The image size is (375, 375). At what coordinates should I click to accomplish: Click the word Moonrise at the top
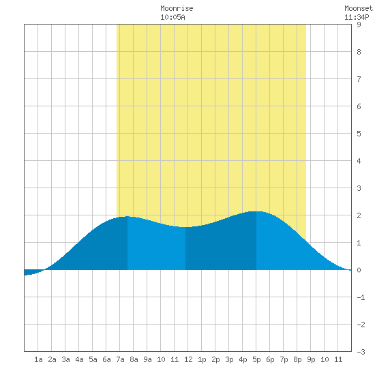[x=177, y=8]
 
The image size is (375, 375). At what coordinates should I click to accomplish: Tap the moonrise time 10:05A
[x=172, y=17]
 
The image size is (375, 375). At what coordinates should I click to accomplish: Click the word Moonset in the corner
[x=359, y=8]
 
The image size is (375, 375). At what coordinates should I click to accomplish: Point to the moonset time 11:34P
[x=357, y=17]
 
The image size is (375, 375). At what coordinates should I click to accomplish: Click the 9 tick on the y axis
[x=359, y=25]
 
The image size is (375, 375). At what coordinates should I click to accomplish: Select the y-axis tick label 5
[x=359, y=134]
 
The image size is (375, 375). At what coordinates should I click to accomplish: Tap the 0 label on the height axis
[x=359, y=270]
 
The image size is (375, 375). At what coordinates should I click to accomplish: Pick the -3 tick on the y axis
[x=361, y=352]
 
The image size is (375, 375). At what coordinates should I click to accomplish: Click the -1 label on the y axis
[x=361, y=297]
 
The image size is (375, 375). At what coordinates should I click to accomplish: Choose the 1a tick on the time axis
[x=38, y=359]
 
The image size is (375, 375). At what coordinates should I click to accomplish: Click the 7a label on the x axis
[x=120, y=359]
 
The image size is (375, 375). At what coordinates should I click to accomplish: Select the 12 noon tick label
[x=188, y=359]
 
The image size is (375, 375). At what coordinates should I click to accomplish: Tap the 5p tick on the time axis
[x=256, y=359]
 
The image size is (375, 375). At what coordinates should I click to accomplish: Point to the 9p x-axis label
[x=311, y=359]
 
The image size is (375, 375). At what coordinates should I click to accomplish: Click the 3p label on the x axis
[x=229, y=359]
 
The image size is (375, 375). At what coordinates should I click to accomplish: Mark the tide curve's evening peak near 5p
[x=256, y=211]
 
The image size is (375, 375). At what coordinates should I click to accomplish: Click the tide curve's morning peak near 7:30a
[x=127, y=217]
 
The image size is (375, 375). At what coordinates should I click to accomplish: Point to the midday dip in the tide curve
[x=185, y=227]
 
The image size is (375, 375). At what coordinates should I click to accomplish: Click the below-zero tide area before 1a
[x=31, y=272]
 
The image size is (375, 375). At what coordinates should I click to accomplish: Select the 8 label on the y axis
[x=359, y=52]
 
